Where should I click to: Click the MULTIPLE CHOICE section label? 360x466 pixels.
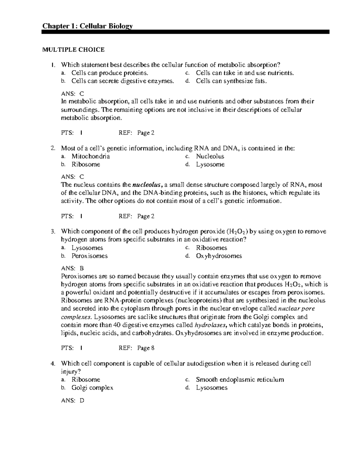73,50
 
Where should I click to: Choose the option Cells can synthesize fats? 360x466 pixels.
231,81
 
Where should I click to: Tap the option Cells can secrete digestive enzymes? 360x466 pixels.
122,81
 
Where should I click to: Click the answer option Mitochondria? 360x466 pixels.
91,156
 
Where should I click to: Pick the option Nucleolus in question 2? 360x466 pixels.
210,156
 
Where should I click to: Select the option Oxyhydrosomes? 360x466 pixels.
219,256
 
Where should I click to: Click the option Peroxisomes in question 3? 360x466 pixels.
89,256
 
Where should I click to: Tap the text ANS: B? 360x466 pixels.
72,268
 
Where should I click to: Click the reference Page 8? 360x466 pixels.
146,348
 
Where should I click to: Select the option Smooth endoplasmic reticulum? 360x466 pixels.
240,380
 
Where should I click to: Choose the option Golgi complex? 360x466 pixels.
92,388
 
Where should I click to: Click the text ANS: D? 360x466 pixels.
73,400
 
